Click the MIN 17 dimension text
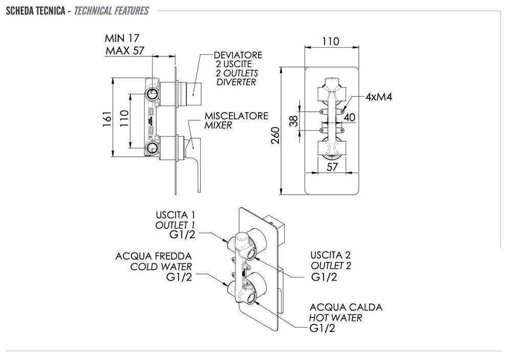click(122, 38)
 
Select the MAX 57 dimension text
click(125, 50)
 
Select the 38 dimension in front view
click(293, 121)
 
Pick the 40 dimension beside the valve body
click(350, 117)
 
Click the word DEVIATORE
click(238, 55)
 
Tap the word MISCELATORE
click(236, 116)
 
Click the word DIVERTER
click(236, 82)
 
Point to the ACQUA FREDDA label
click(154, 256)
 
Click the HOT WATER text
click(335, 318)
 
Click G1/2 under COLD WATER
click(179, 277)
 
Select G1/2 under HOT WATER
click(323, 329)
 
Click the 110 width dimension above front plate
click(331, 42)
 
